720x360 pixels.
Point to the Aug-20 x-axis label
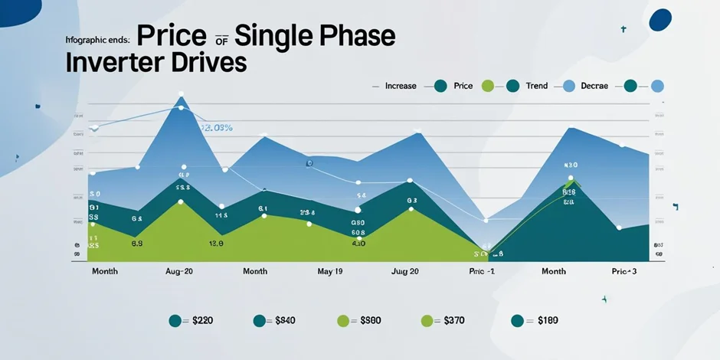178,272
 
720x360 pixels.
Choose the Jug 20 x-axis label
404,272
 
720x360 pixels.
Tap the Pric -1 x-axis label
482,272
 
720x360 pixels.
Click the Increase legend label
401,86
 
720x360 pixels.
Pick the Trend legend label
537,86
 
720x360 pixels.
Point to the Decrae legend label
594,86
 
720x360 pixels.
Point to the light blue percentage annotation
217,128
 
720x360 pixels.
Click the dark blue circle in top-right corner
659,20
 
